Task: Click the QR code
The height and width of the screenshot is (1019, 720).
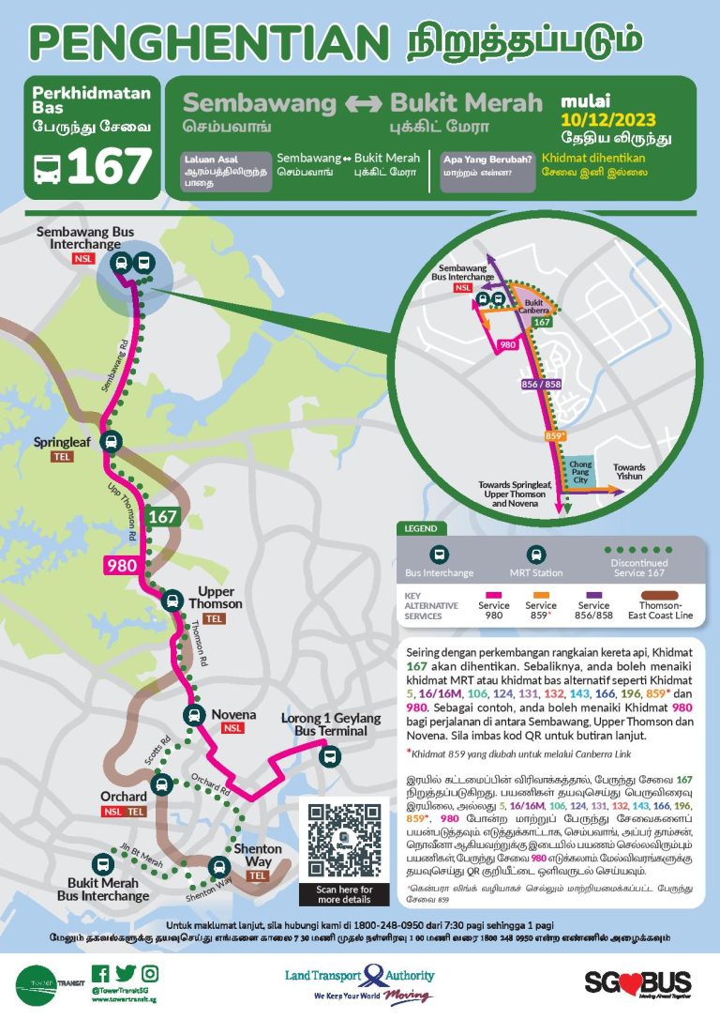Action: pyautogui.click(x=339, y=840)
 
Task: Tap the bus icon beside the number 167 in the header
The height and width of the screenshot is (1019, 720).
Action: pyautogui.click(x=47, y=169)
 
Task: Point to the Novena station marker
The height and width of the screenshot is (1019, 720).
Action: pyautogui.click(x=193, y=715)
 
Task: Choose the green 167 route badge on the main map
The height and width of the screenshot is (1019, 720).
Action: pyautogui.click(x=161, y=516)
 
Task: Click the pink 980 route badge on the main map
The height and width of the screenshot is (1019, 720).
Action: pyautogui.click(x=121, y=565)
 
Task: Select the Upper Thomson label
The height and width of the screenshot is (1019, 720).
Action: pyautogui.click(x=215, y=598)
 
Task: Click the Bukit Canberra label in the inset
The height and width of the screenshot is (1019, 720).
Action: pyautogui.click(x=533, y=305)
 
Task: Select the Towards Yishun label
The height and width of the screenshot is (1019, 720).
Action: pyautogui.click(x=628, y=472)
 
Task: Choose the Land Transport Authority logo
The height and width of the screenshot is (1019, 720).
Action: pyautogui.click(x=361, y=981)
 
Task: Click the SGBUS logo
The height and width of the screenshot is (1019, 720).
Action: pyautogui.click(x=637, y=982)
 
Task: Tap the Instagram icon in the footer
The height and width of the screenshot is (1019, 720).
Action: pyautogui.click(x=150, y=973)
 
